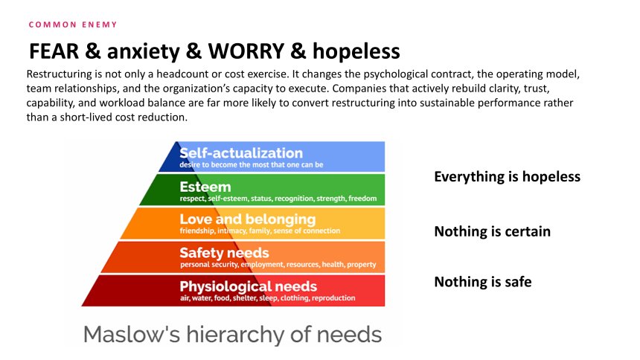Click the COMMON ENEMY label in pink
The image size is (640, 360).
[73, 25]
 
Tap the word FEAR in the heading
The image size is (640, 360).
[54, 51]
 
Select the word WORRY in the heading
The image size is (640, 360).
[246, 51]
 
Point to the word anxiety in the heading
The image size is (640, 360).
[144, 52]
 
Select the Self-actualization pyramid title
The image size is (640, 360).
[241, 153]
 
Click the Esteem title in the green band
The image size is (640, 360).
[205, 187]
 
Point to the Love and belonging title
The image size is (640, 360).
[248, 219]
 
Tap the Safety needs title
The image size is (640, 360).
[225, 253]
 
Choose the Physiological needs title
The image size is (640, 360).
[248, 286]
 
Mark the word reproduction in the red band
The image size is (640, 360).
[333, 298]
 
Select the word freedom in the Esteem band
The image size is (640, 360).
[363, 199]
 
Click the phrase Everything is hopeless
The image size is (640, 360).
[508, 177]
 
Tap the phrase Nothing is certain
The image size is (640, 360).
[492, 231]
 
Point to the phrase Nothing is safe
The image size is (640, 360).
[483, 282]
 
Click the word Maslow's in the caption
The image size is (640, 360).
[132, 334]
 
